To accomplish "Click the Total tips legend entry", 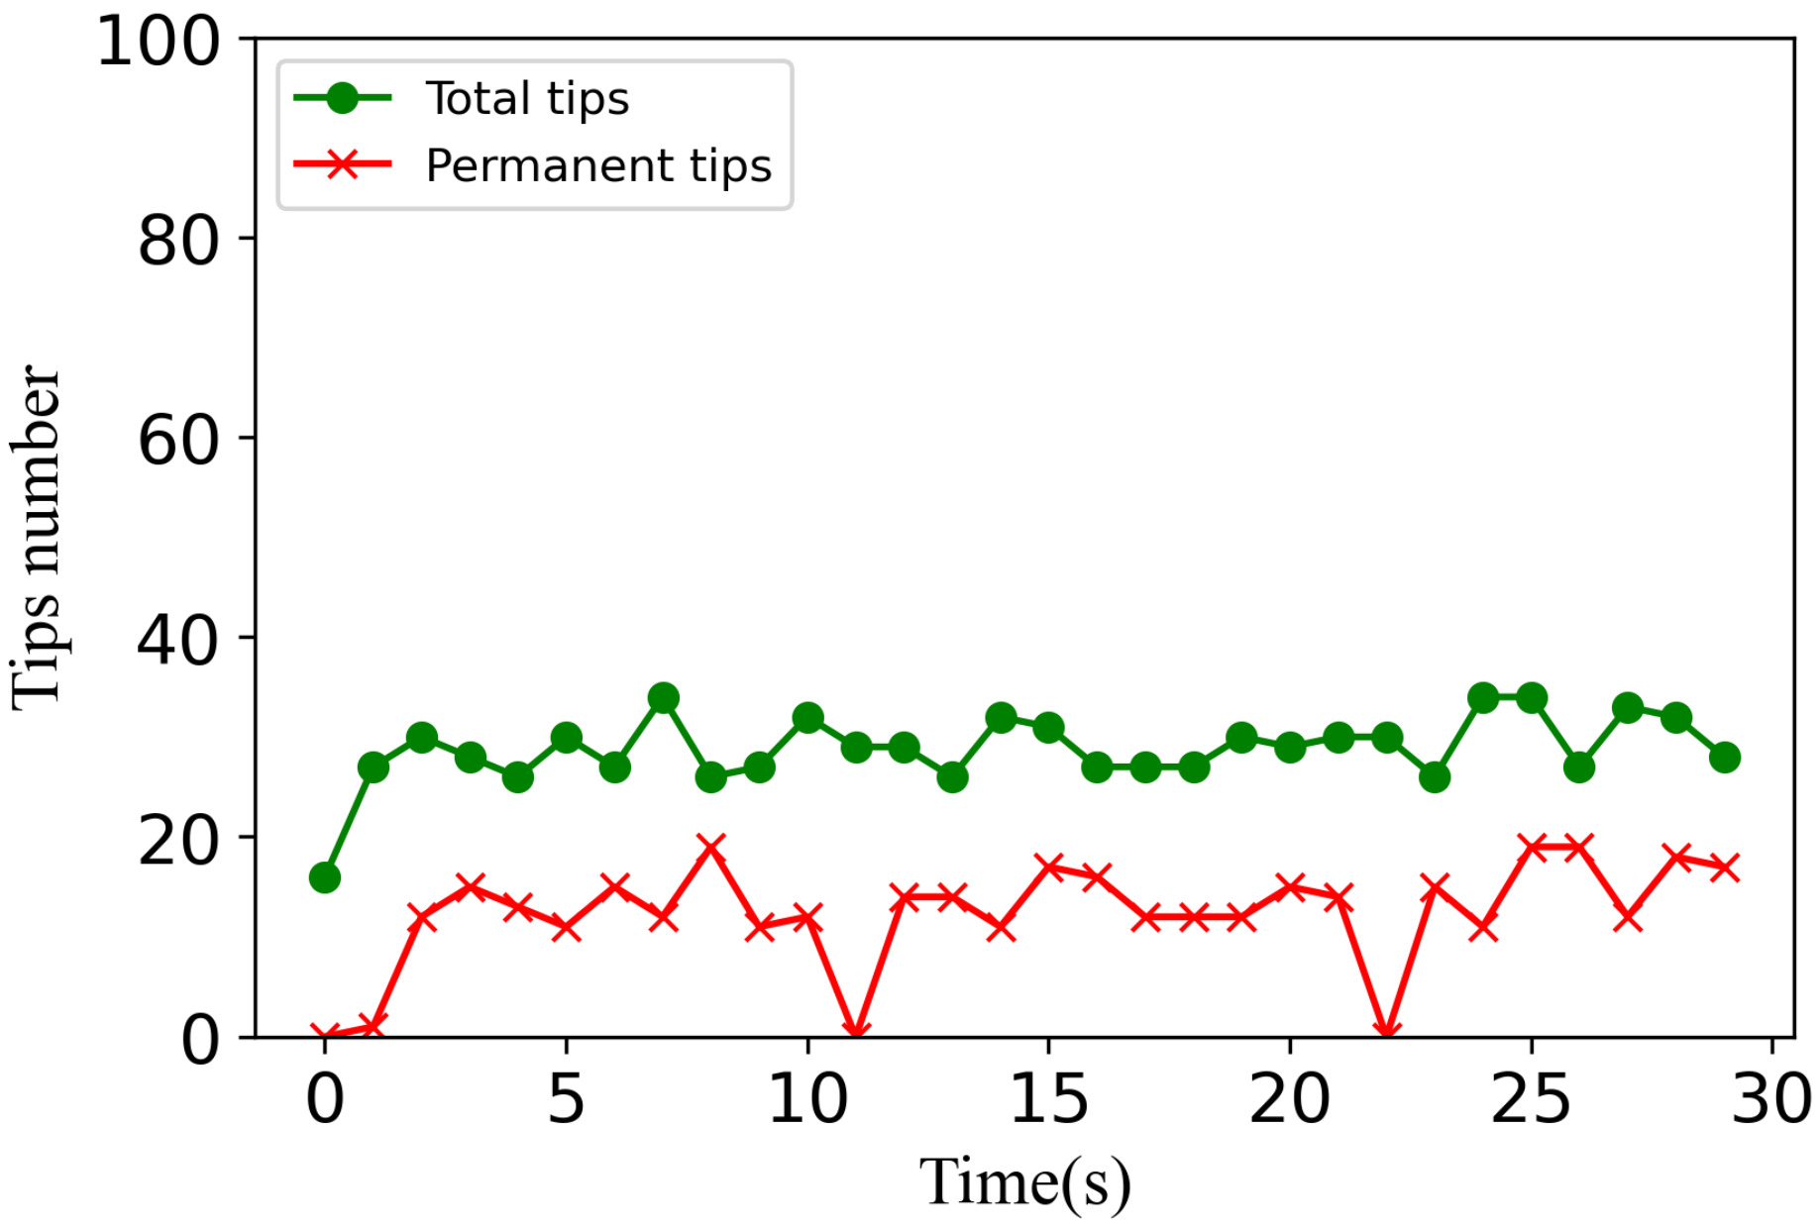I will coord(527,99).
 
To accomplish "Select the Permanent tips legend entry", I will coord(598,165).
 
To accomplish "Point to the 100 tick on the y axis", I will coord(159,42).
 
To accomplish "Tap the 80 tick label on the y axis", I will coord(178,241).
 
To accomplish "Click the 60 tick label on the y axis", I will coord(178,441).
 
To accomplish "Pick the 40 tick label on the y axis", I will coord(178,641).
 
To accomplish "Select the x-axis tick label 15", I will coord(1048,1099).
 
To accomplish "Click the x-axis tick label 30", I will coord(1771,1099).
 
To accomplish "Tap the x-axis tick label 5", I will coord(566,1099).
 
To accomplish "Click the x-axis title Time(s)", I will coord(1024,1182).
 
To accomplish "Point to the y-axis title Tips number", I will coord(37,538).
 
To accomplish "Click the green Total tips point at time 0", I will coord(325,877).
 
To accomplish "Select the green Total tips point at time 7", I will coord(663,698).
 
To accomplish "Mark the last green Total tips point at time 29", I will coord(1725,758).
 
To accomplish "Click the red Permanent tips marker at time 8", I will coord(711,848).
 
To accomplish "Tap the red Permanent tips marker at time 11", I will coord(856,1033).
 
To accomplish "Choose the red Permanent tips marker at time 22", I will coord(1387,1033).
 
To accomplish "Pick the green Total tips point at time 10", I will coord(807,718).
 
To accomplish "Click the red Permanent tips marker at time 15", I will coord(1048,868).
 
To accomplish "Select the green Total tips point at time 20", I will coord(1290,748).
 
